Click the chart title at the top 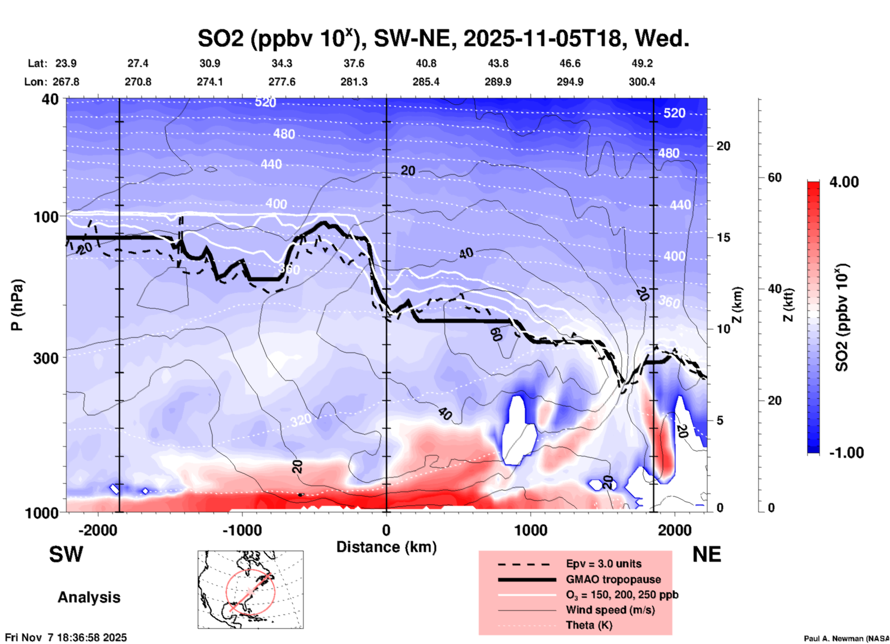(x=444, y=38)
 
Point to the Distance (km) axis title (x=386, y=547)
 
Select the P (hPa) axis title (x=17, y=305)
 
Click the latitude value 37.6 (x=354, y=63)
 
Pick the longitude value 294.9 (x=570, y=82)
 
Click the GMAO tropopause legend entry (x=613, y=579)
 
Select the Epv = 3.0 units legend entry (x=603, y=564)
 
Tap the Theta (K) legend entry (x=589, y=625)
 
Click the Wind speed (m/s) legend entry (x=610, y=610)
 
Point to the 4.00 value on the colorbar (x=844, y=182)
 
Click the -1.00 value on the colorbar (x=846, y=453)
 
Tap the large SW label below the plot (x=66, y=554)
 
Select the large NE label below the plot (x=707, y=554)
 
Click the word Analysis (x=89, y=597)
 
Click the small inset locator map (x=250, y=589)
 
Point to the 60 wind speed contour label (x=496, y=334)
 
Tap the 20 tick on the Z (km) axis (x=723, y=146)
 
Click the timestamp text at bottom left (x=66, y=638)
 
